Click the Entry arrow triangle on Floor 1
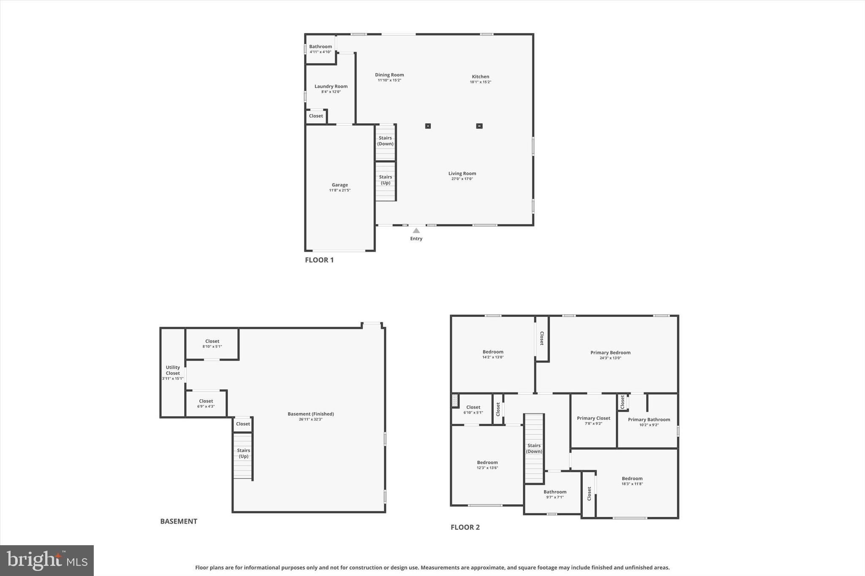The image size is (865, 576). click(x=416, y=230)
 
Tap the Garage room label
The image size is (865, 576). click(x=340, y=185)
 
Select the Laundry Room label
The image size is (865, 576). click(x=331, y=86)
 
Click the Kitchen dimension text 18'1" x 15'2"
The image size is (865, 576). click(x=480, y=82)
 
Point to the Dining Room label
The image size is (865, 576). click(x=389, y=75)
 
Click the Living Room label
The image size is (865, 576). click(x=462, y=173)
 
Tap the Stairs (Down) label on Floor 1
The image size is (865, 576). click(x=385, y=141)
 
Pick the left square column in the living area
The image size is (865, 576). click(x=428, y=126)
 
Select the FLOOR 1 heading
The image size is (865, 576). click(x=319, y=260)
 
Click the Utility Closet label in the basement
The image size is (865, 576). click(x=173, y=370)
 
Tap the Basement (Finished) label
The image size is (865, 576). click(x=310, y=414)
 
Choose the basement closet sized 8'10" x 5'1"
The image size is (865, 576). click(x=212, y=343)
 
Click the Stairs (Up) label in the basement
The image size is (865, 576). click(x=243, y=453)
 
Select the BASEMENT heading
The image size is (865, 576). click(x=179, y=521)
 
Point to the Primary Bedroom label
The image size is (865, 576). click(x=610, y=353)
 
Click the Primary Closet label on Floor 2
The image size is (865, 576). click(x=593, y=418)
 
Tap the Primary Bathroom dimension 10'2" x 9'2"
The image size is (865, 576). click(x=649, y=425)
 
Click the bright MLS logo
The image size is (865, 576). click(x=47, y=560)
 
